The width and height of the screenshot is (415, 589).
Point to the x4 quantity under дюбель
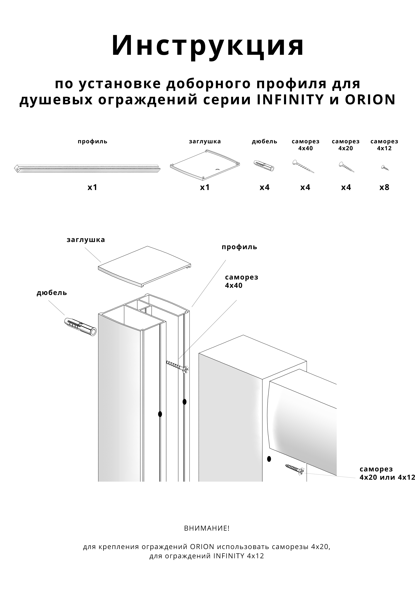point(264,187)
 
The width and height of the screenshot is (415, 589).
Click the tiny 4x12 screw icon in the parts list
point(385,168)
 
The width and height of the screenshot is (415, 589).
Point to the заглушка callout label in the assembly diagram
point(86,240)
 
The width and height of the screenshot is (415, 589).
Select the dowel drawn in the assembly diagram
point(80,327)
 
